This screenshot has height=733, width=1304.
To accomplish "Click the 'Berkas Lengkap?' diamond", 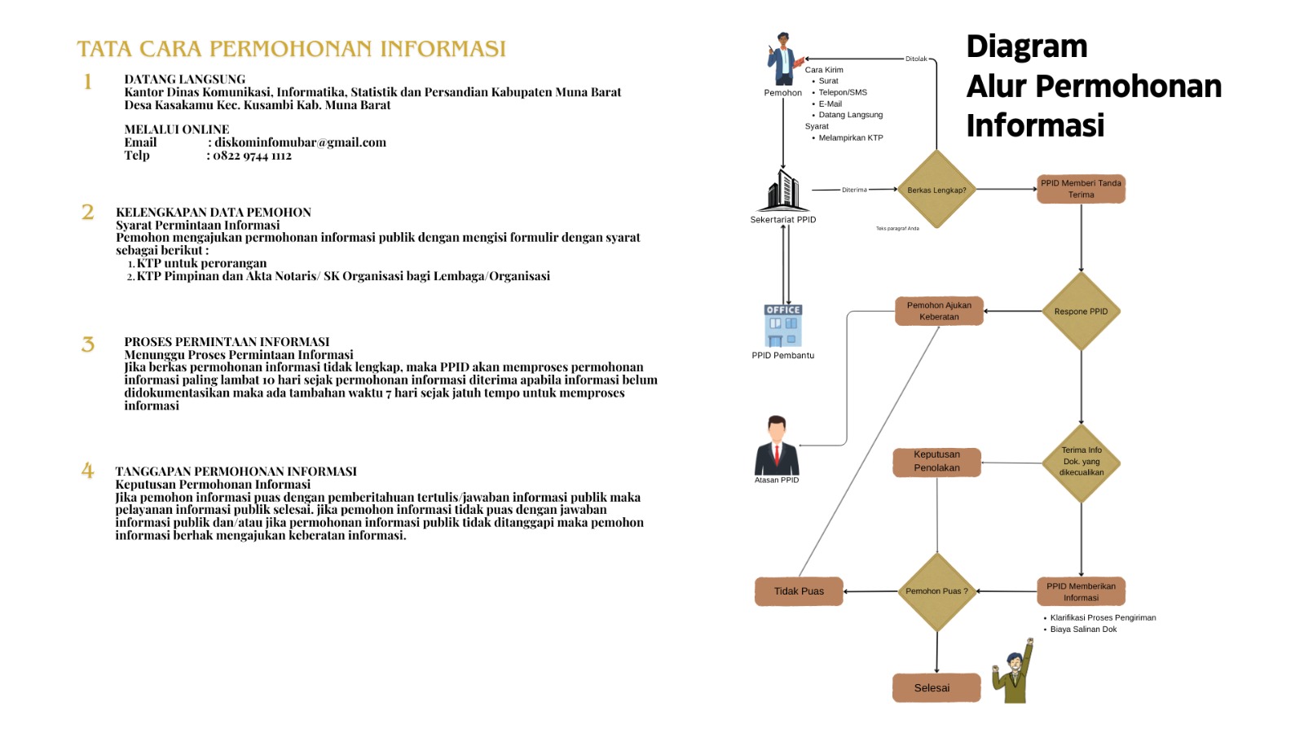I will click(x=936, y=190).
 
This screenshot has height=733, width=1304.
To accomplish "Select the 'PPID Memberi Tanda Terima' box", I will click(x=1081, y=189).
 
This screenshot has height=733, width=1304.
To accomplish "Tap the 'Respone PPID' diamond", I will click(x=1081, y=311).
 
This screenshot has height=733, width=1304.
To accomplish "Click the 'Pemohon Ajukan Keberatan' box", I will click(x=939, y=311).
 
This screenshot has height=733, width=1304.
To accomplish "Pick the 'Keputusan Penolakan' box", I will click(x=936, y=462).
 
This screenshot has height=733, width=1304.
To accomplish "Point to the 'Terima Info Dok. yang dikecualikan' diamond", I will click(x=1082, y=462).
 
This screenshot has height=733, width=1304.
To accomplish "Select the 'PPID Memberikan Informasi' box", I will click(x=1081, y=591).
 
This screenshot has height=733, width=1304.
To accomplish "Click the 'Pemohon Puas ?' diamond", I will click(x=936, y=591).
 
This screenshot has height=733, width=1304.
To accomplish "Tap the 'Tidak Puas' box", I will click(x=799, y=591).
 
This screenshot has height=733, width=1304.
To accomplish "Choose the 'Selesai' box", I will click(x=936, y=688).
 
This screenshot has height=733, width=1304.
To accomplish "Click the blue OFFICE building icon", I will click(x=783, y=326).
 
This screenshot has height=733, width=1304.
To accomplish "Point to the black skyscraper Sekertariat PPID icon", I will click(x=783, y=191).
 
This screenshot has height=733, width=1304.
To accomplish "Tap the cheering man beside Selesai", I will click(x=1014, y=672).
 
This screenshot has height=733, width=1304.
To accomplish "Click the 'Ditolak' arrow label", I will click(x=916, y=59).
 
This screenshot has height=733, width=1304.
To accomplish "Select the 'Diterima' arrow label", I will click(x=854, y=190).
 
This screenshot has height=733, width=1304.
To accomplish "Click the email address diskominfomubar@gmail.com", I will click(x=300, y=143).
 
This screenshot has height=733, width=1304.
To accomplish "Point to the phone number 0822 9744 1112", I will click(x=252, y=156).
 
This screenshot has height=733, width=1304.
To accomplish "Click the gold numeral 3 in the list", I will click(x=88, y=345).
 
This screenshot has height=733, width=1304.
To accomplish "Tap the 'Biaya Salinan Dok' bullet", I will click(x=1083, y=630).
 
